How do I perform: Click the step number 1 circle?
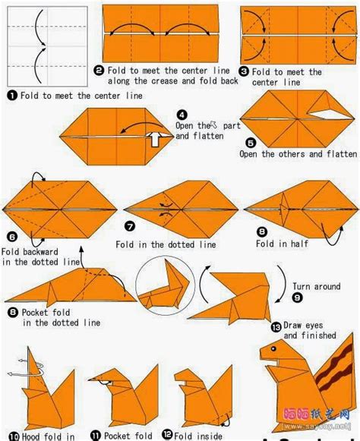tap(12, 96)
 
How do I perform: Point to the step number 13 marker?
tap(276, 326)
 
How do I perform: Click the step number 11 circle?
tap(96, 436)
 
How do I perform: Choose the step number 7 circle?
tap(129, 226)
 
